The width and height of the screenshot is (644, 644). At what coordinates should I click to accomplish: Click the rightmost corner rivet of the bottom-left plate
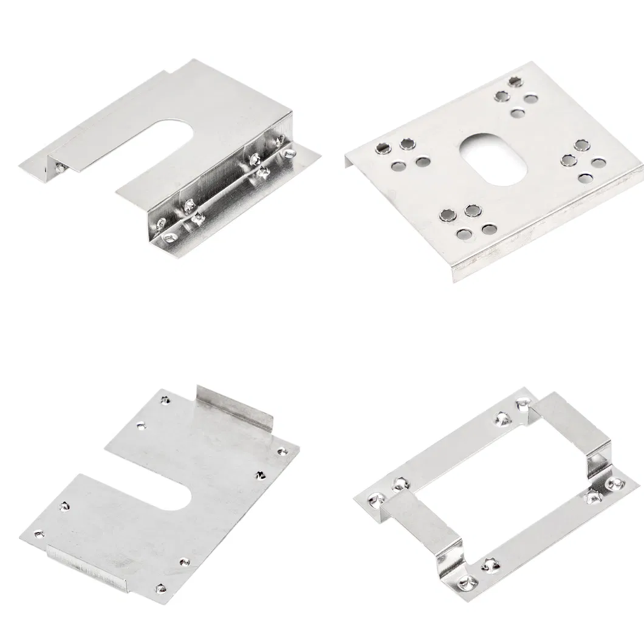281,451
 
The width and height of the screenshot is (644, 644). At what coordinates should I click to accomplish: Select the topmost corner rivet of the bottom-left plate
165,400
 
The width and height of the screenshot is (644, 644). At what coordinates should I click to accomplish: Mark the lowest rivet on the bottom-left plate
160,589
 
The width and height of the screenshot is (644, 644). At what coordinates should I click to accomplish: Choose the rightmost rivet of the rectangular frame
614,484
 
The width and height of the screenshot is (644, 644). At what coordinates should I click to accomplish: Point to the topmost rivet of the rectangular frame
521,403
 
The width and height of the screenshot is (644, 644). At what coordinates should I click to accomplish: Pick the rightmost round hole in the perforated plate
598,163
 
